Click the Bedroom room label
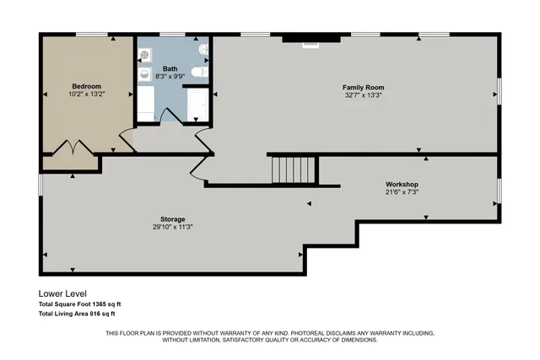click(x=87, y=86)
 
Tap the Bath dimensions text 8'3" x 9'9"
click(x=170, y=77)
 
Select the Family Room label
click(x=363, y=87)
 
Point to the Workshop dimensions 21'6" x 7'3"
click(x=402, y=192)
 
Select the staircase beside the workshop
click(x=292, y=170)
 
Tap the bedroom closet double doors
click(x=72, y=148)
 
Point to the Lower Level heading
click(x=62, y=294)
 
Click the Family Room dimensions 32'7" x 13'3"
click(x=363, y=95)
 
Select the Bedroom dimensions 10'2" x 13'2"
click(x=87, y=94)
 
